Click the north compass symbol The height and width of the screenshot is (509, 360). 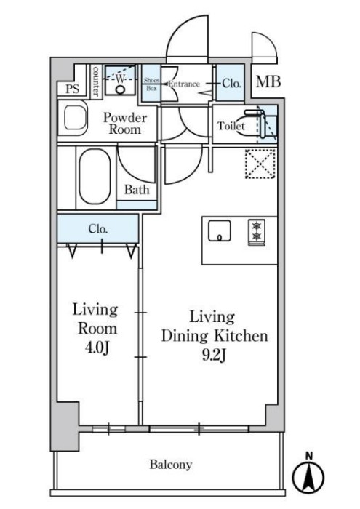308,474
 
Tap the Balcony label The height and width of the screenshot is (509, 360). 171,465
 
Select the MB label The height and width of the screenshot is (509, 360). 268,81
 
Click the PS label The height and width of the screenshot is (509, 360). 73,89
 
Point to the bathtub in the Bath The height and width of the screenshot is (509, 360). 95,176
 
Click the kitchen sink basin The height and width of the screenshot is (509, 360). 220,231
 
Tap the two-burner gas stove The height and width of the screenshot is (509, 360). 257,232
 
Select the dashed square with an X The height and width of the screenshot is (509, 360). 260,164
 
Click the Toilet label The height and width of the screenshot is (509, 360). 231,126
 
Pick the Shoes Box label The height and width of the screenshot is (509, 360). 151,84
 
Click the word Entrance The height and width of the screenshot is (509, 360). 184,84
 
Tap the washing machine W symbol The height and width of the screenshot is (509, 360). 120,79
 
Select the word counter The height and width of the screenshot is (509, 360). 95,81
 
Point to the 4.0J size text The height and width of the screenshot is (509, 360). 97,348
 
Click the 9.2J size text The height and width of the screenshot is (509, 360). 215,356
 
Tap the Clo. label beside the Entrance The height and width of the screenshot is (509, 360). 232,84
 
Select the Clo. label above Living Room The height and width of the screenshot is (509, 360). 98,229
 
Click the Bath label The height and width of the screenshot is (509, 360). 137,190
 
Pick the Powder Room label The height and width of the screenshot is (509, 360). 125,124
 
